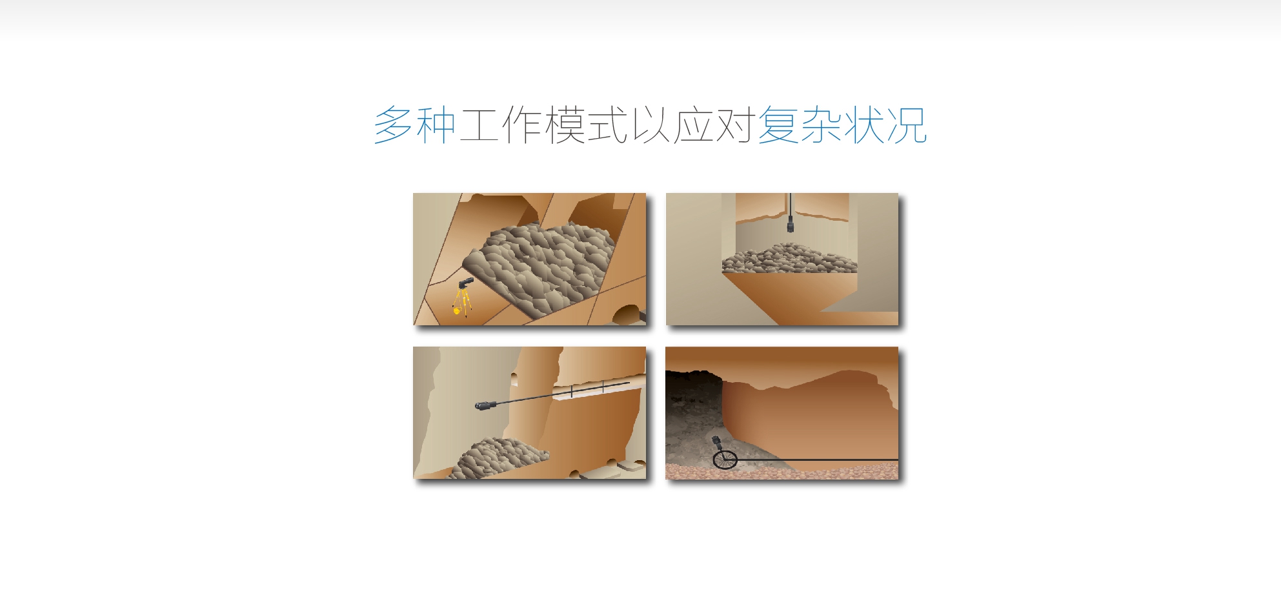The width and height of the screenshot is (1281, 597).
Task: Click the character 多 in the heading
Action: [394, 125]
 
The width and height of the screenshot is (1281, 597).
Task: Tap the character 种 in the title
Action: [436, 125]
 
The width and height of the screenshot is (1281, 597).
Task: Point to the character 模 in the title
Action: [565, 125]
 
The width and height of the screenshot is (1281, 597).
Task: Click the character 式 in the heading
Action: [607, 125]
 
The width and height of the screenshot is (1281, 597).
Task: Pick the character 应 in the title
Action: [692, 125]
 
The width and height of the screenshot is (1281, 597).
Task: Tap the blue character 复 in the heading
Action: [778, 125]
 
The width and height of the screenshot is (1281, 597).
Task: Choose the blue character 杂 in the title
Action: [821, 125]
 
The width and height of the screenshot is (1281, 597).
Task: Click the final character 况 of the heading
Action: [907, 125]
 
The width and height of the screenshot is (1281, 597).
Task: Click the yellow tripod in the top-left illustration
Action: [462, 302]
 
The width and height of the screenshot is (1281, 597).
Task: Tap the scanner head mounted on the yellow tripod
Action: [465, 283]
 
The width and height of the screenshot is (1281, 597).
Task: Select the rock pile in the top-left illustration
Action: [540, 268]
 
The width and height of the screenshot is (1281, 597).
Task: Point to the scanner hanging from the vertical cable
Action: [790, 225]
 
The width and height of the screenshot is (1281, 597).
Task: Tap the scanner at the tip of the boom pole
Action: [485, 405]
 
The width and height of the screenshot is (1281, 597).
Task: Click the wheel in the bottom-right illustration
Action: [725, 460]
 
